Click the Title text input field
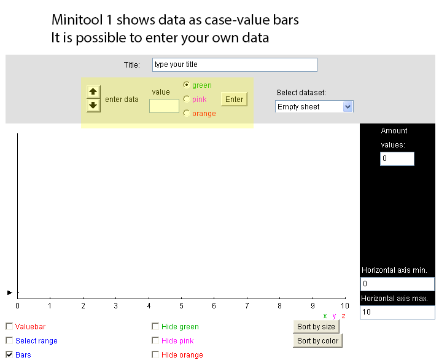click(235, 65)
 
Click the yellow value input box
click(164, 106)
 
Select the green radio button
click(187, 85)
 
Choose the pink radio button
click(187, 99)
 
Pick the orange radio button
click(187, 113)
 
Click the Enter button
click(234, 99)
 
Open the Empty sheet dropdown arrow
click(348, 106)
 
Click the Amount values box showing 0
click(397, 158)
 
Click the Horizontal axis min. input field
click(398, 284)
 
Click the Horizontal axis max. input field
click(398, 312)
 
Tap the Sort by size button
click(316, 327)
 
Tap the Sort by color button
click(318, 341)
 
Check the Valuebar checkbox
click(9, 326)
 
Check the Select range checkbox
click(9, 340)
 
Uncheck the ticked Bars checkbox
click(9, 354)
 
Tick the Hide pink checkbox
click(155, 340)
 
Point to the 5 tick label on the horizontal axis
click(181, 306)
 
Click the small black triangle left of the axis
click(10, 293)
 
